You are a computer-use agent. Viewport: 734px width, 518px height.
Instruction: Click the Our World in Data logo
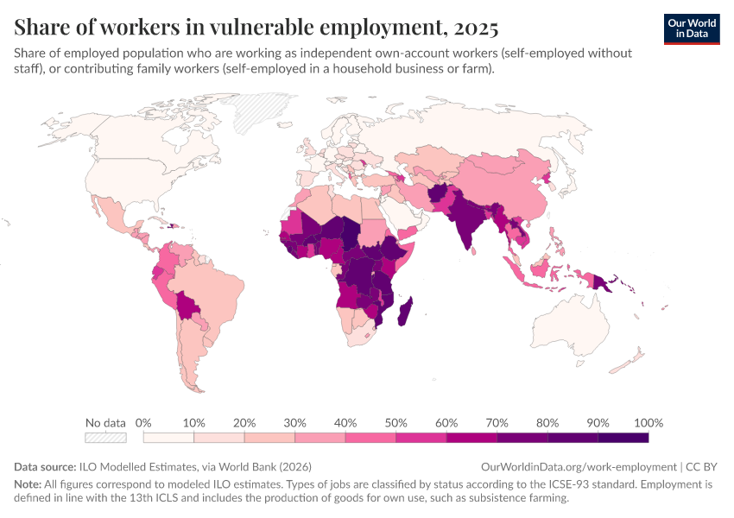pyautogui.click(x=692, y=28)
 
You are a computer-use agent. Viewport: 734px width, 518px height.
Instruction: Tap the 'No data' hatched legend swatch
pyautogui.click(x=105, y=438)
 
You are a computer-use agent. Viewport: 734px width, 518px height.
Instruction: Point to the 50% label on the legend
pyautogui.click(x=395, y=423)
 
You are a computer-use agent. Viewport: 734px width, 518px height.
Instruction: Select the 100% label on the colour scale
pyautogui.click(x=648, y=423)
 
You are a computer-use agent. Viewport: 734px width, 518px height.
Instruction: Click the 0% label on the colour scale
pyautogui.click(x=143, y=423)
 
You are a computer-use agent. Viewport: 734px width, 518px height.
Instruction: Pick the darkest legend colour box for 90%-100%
pyautogui.click(x=623, y=438)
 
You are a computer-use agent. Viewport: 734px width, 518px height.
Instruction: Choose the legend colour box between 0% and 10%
pyautogui.click(x=168, y=438)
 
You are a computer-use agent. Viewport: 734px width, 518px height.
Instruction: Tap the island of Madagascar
pyautogui.click(x=403, y=311)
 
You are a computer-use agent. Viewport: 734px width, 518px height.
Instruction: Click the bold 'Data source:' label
pyautogui.click(x=45, y=466)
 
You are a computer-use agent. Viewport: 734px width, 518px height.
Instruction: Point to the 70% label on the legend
pyautogui.click(x=497, y=423)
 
